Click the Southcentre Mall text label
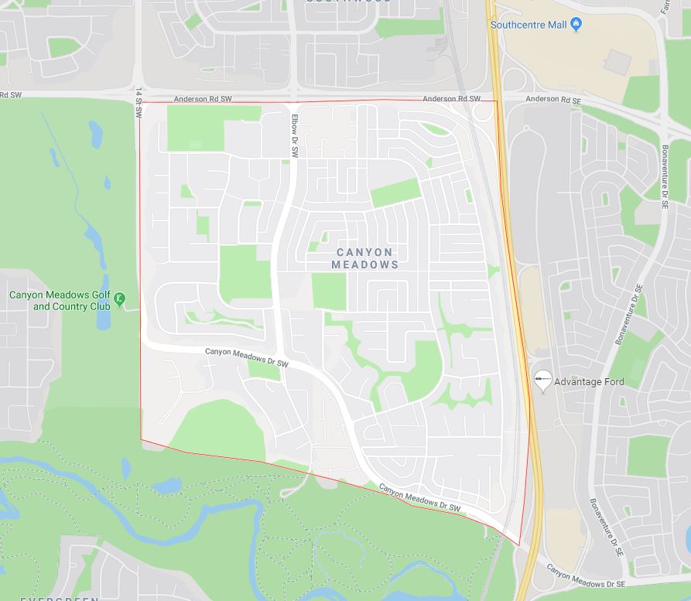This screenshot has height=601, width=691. [x=529, y=25]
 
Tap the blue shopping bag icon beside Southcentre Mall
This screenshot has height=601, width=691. [x=576, y=25]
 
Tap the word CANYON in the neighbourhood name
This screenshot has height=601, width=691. [x=365, y=252]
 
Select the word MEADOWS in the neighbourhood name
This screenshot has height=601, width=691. [x=365, y=265]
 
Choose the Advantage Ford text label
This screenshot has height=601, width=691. [x=589, y=382]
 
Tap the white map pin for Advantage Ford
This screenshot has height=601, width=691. [x=543, y=380]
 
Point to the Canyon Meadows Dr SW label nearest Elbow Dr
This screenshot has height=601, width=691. [x=247, y=357]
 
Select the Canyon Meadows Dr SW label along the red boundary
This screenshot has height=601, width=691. [x=420, y=499]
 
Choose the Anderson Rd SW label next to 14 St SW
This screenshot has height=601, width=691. [x=203, y=99]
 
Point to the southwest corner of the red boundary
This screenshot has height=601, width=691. [x=141, y=440]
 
